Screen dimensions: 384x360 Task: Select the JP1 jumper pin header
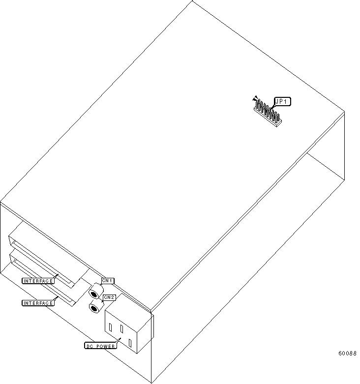click(x=267, y=114)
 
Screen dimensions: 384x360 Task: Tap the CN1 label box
click(x=108, y=281)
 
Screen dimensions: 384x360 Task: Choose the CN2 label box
click(x=109, y=297)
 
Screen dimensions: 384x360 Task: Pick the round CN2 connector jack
click(x=94, y=308)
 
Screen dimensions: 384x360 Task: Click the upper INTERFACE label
click(x=38, y=281)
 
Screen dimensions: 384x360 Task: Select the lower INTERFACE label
click(x=38, y=303)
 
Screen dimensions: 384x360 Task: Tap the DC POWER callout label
click(x=100, y=346)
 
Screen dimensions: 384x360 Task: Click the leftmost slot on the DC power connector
click(x=111, y=327)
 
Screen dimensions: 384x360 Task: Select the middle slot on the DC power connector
click(x=120, y=333)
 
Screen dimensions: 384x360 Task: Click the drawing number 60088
click(x=347, y=354)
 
